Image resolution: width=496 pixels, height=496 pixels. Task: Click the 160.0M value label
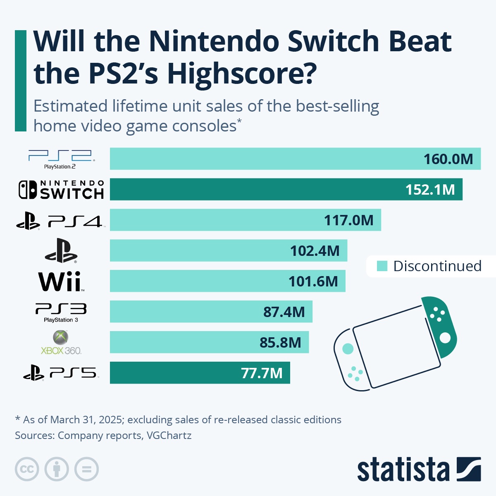click(x=448, y=159)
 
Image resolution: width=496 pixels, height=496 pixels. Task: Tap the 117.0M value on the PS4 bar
click(x=348, y=220)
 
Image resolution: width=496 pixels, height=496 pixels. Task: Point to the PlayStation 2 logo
click(x=61, y=159)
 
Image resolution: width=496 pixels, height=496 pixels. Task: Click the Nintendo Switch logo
click(x=61, y=190)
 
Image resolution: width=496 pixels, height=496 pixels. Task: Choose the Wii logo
click(x=61, y=282)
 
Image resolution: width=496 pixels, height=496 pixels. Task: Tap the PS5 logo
click(x=61, y=373)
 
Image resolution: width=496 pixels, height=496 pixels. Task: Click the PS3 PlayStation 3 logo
click(x=61, y=312)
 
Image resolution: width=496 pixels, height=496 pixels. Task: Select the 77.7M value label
click(x=262, y=373)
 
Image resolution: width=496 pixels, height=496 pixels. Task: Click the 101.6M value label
click(x=313, y=281)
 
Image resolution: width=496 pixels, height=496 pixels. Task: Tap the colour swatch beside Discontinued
click(x=382, y=266)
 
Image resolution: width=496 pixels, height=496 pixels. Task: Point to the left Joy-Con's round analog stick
click(x=348, y=349)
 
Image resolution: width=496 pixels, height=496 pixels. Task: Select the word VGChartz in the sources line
click(x=169, y=435)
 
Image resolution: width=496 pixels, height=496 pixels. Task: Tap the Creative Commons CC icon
click(x=27, y=469)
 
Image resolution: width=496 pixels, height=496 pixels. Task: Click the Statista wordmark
click(x=403, y=470)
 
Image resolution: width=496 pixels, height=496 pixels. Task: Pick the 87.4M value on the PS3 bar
click(x=284, y=312)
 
